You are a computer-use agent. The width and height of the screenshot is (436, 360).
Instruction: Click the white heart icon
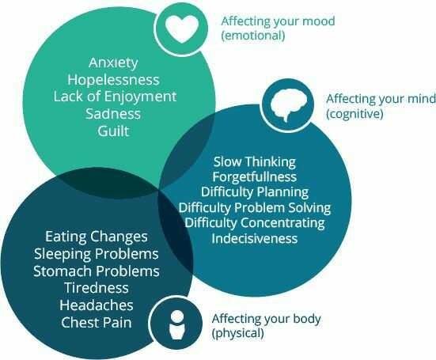pos(182,28)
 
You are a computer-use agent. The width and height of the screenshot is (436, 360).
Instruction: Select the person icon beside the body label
pos(177,324)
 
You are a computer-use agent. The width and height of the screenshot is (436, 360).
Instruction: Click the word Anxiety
pos(113,63)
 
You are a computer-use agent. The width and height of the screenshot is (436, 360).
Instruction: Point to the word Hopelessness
pos(113,79)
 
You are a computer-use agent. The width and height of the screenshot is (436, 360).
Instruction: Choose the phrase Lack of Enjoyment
pos(115,97)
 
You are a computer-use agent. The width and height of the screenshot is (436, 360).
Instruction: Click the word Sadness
pos(113,114)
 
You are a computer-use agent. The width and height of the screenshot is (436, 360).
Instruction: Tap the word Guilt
pos(113,131)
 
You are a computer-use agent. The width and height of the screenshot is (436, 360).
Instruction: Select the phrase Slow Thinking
pos(255,162)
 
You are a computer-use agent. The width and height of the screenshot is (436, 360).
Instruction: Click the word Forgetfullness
pos(255,176)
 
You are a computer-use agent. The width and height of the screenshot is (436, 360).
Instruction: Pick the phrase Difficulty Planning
pos(255,192)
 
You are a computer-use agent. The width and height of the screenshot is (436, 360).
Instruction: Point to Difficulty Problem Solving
pos(255,207)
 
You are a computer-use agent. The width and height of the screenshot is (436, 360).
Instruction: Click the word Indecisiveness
pos(255,238)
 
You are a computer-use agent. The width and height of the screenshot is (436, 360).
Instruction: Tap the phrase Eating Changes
pos(97,237)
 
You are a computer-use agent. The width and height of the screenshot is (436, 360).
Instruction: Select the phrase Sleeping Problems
pos(97,254)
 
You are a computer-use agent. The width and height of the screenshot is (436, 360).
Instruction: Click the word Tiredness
pos(97,288)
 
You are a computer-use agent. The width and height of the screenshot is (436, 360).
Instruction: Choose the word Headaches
pos(97,305)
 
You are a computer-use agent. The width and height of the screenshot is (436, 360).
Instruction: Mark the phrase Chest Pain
pos(97,323)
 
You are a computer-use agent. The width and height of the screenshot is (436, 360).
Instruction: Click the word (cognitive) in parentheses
pos(354,114)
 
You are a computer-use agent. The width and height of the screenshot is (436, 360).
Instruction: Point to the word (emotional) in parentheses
pos(253,36)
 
